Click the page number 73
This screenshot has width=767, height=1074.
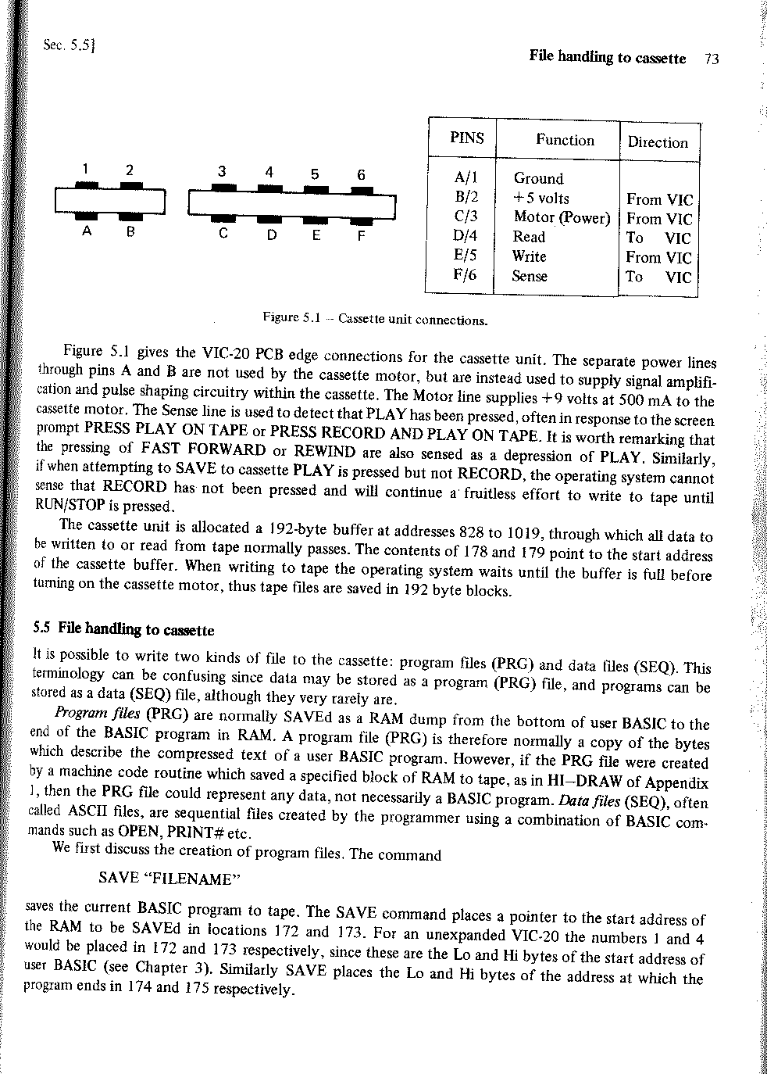(x=710, y=58)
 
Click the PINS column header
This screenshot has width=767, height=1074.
(x=467, y=138)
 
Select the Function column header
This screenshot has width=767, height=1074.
(x=565, y=140)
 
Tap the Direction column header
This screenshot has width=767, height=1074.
(x=658, y=142)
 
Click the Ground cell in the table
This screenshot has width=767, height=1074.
(x=538, y=178)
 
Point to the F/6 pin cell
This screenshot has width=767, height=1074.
(x=464, y=275)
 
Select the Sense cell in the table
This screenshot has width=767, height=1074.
(x=530, y=275)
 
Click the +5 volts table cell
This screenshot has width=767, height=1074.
(x=540, y=198)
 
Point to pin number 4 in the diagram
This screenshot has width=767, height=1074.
(x=269, y=172)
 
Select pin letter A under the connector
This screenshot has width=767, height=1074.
(x=86, y=231)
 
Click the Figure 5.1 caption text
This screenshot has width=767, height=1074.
(x=375, y=319)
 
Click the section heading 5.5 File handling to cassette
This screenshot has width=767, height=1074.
(x=123, y=629)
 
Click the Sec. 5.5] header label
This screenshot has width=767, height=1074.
(x=70, y=46)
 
